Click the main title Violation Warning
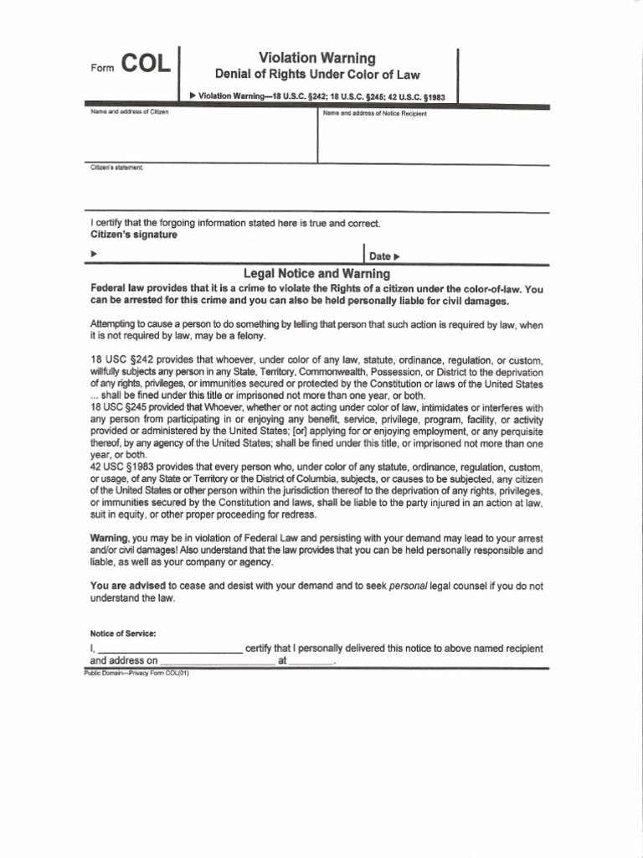point(317,58)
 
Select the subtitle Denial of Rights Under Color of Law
point(317,75)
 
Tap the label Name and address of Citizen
point(129,113)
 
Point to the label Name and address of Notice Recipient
point(374,114)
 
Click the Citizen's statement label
point(117,168)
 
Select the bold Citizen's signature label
point(134,235)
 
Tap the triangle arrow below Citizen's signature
point(94,253)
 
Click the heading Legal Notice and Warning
point(316,273)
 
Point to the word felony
point(248,336)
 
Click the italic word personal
point(408,586)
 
